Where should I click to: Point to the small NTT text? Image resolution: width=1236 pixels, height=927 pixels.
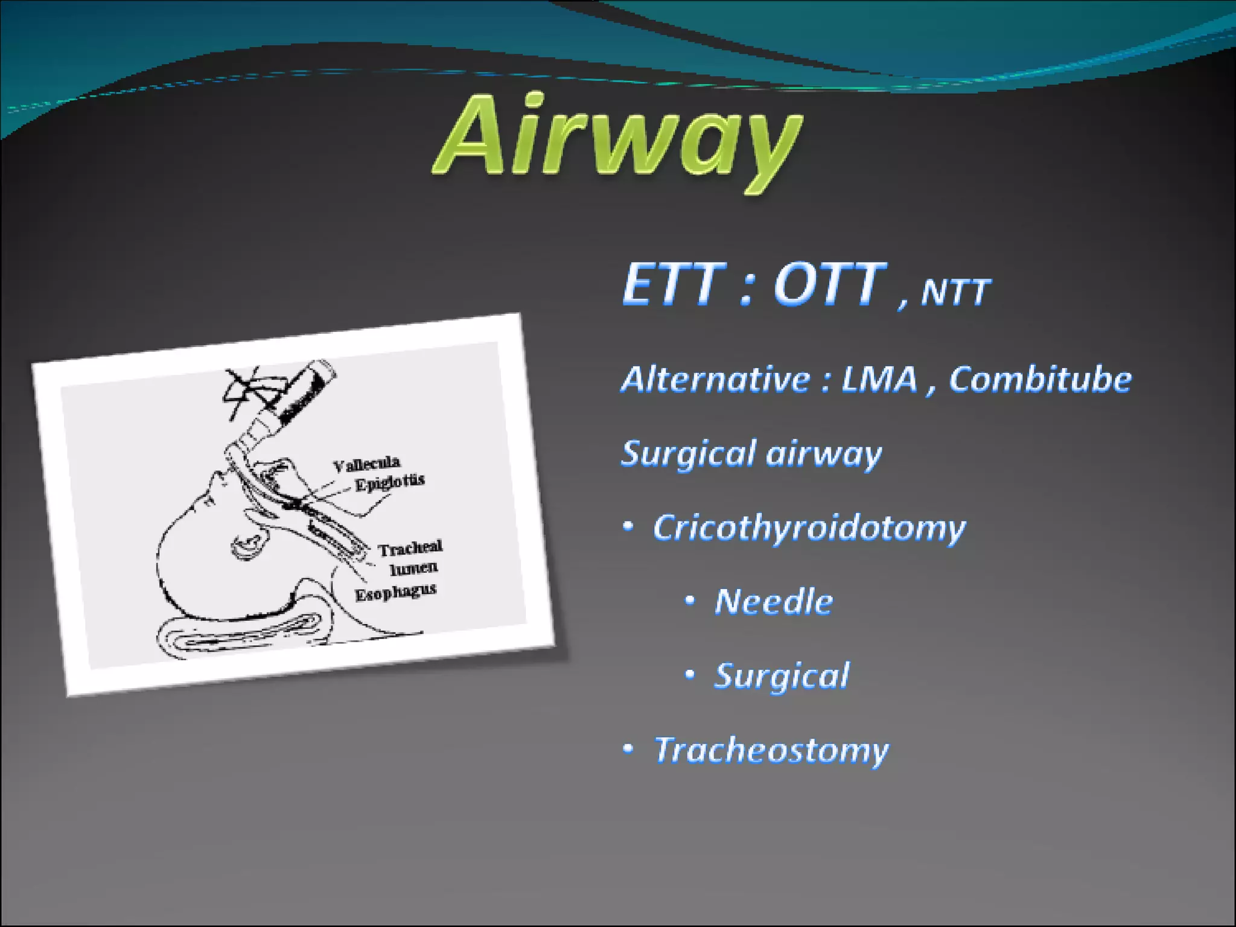955,292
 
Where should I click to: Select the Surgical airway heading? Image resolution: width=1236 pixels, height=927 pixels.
751,454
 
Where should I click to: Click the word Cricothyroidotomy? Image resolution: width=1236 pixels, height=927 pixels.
809,529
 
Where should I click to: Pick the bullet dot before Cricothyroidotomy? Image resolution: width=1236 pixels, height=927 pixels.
628,527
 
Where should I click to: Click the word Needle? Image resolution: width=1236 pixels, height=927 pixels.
774,602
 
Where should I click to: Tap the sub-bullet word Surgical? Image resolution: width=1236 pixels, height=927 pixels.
782,676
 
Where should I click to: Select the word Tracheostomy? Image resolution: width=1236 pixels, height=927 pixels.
771,750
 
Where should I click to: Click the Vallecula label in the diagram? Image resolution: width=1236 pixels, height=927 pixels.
366,464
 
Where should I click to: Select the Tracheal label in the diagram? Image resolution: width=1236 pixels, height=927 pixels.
410,548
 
